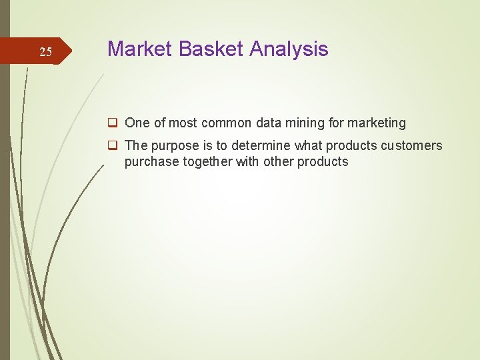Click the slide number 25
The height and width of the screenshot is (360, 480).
pos(45,52)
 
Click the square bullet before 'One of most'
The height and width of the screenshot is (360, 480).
pos(114,123)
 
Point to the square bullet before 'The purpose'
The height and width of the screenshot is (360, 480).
pos(114,145)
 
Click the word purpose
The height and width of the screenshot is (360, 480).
pos(172,146)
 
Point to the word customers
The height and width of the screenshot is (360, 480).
pos(411,145)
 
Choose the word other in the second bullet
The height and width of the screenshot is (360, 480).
pos(278,161)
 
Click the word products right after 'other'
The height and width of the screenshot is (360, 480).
pos(323,162)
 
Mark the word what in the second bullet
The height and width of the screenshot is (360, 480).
pos(305,145)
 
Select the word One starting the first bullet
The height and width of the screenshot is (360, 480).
pos(137,123)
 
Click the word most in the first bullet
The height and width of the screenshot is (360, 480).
pos(182,123)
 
